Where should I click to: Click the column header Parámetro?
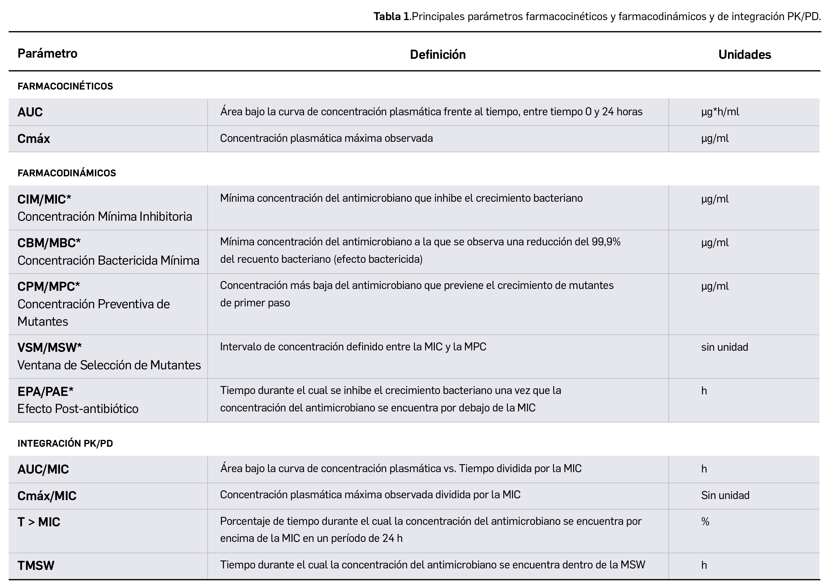pyautogui.click(x=47, y=53)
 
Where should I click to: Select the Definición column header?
pyautogui.click(x=438, y=55)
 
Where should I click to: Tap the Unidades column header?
pyautogui.click(x=744, y=55)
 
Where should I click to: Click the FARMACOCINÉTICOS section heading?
pyautogui.click(x=65, y=86)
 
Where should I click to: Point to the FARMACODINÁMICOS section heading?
pyautogui.click(x=67, y=173)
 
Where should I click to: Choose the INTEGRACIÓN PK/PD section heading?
pyautogui.click(x=65, y=444)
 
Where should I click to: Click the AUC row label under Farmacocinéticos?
pyautogui.click(x=30, y=112)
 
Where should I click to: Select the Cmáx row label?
pyautogui.click(x=34, y=139)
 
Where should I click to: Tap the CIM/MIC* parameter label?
pyautogui.click(x=44, y=199)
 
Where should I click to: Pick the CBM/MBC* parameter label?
pyautogui.click(x=49, y=243)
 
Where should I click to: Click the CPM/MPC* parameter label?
pyautogui.click(x=49, y=287)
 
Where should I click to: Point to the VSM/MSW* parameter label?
pyautogui.click(x=50, y=347)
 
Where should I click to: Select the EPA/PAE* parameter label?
pyautogui.click(x=46, y=391)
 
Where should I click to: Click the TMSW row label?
pyautogui.click(x=36, y=566)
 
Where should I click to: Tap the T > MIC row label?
pyautogui.click(x=39, y=522)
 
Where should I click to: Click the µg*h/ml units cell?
pyautogui.click(x=720, y=112)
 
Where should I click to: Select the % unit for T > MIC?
pyautogui.click(x=705, y=522)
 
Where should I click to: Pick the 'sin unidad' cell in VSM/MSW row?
pyautogui.click(x=725, y=347)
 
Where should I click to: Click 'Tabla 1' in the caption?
pyautogui.click(x=392, y=17)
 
